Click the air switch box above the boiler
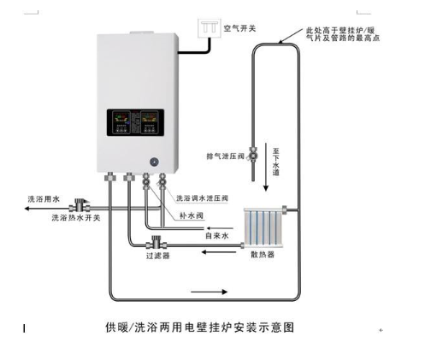click(210, 28)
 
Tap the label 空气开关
click(239, 28)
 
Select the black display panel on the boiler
click(135, 122)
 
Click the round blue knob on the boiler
click(154, 162)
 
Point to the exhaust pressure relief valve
click(253, 156)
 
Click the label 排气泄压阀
click(226, 156)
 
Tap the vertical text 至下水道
click(275, 162)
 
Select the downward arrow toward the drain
click(266, 167)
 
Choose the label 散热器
click(263, 254)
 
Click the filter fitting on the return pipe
click(156, 243)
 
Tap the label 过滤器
click(158, 256)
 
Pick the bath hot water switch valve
click(80, 204)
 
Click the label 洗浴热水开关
click(76, 218)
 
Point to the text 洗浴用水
click(44, 199)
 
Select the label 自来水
click(217, 236)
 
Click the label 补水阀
click(192, 215)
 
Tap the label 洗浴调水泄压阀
click(202, 198)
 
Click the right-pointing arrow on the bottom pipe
click(209, 292)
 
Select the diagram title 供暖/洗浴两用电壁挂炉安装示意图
click(199, 328)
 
